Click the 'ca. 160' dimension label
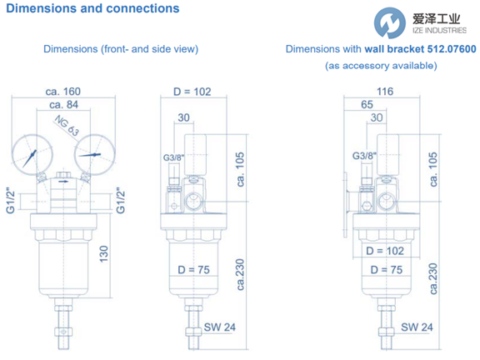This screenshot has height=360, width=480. (x=63, y=92)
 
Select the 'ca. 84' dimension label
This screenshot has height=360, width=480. (x=63, y=105)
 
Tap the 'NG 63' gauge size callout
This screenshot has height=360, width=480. (x=67, y=126)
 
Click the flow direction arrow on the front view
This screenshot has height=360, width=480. (x=63, y=182)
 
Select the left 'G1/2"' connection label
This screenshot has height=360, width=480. (x=10, y=201)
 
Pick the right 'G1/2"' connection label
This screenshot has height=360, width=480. (x=121, y=201)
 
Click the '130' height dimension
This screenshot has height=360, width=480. (x=104, y=254)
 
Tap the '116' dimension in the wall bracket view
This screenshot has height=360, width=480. (x=385, y=92)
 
